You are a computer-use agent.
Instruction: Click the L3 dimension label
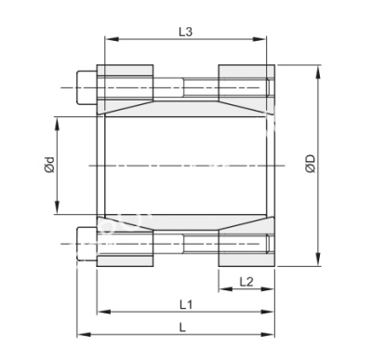[x=185, y=32]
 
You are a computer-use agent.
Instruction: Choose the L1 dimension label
[x=185, y=304]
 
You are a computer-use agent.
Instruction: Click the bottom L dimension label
[x=182, y=328]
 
